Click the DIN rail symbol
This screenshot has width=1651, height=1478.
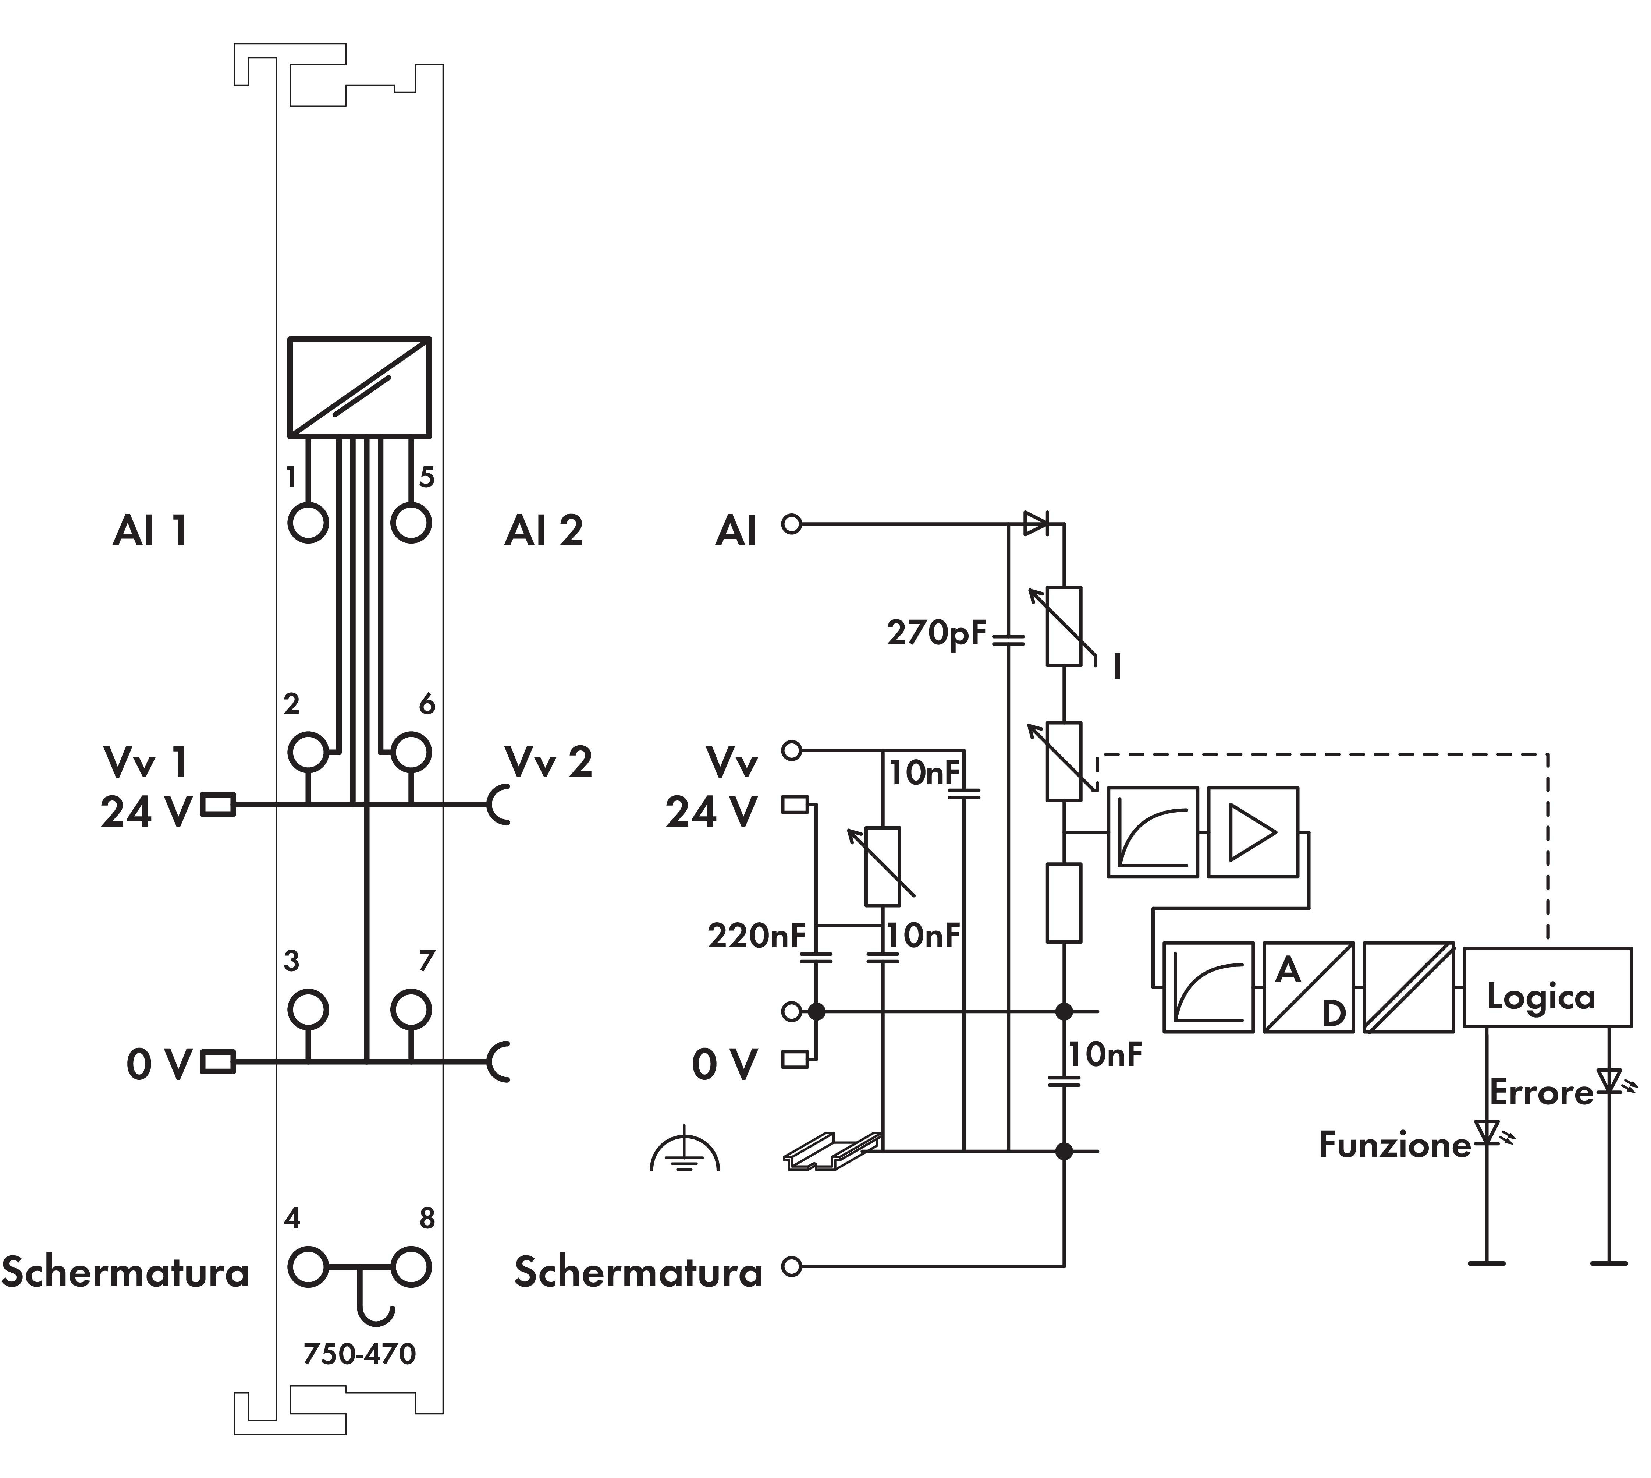832,1151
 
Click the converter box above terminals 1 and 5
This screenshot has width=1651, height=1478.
359,388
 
